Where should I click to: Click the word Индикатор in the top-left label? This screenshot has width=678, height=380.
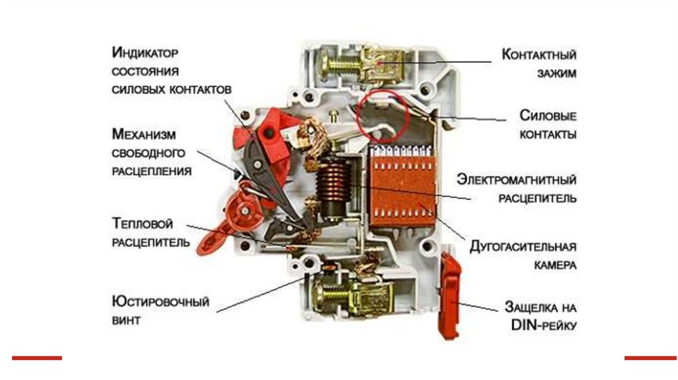(146, 52)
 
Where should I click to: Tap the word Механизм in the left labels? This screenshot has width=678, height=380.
(144, 135)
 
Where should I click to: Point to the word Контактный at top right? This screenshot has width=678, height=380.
(538, 54)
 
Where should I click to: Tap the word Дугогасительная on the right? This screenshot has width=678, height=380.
(523, 246)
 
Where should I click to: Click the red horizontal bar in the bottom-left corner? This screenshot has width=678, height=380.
(36, 358)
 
